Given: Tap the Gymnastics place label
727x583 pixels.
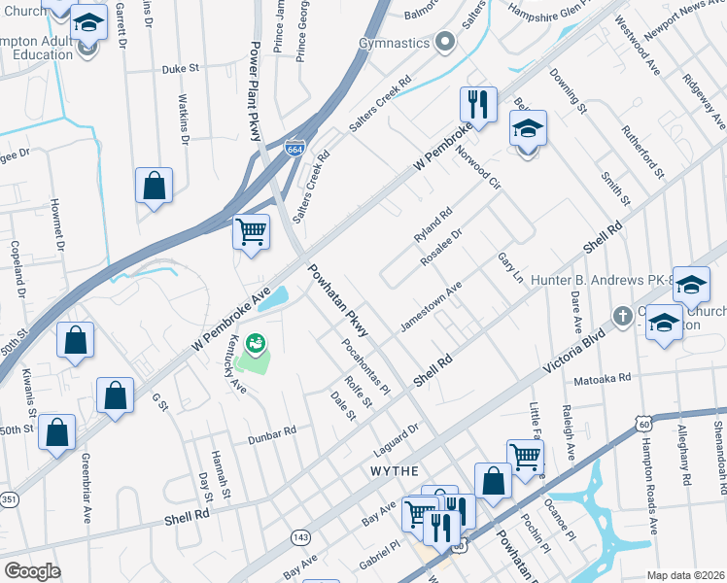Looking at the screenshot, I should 394,43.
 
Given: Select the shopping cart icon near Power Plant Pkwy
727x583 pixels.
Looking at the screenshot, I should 252,232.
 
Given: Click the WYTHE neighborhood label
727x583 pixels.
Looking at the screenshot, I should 395,470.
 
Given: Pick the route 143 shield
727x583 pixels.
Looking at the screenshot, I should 301,536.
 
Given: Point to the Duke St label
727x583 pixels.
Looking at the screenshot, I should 180,69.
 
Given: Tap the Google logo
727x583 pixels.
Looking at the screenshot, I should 32,571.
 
